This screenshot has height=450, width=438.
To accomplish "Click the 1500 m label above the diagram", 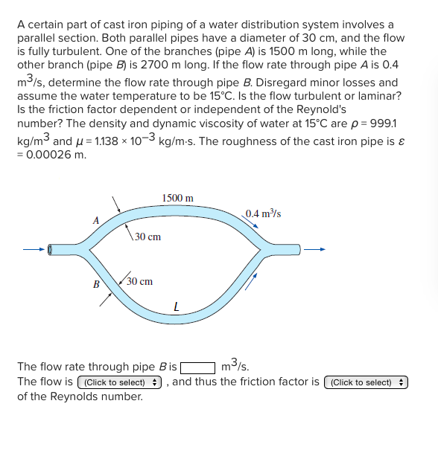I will coord(177,198).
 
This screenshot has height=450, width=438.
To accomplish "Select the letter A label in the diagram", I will coord(95,220).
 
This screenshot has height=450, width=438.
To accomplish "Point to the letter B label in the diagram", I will coord(95,284).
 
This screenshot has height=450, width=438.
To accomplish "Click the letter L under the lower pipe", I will coord(176,305).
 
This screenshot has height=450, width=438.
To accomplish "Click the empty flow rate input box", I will coord(197,367).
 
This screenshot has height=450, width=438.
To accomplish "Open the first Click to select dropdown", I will coord(120,382).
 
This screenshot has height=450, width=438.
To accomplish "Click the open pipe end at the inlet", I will coord(51,249).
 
